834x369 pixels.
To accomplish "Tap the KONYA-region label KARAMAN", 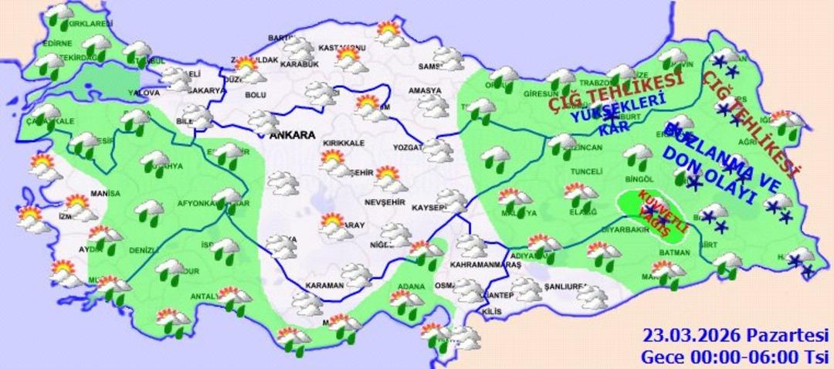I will click(x=324, y=286).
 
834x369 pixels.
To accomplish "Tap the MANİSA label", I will click(x=105, y=193).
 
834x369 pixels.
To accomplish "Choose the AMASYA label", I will click(x=425, y=91).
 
